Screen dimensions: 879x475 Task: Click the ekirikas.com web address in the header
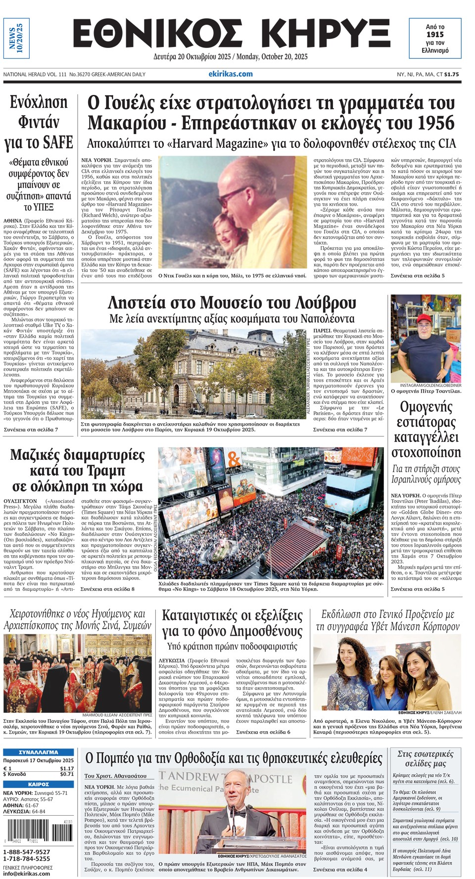coord(230,74)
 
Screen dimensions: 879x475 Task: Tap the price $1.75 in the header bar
coord(451,74)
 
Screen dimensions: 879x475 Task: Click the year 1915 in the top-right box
coord(435,35)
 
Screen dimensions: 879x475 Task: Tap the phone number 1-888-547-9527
coord(27,852)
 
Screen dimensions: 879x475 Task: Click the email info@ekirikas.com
coord(27,873)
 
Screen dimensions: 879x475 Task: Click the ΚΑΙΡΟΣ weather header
coord(38,784)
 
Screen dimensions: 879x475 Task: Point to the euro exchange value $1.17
coord(67,768)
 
